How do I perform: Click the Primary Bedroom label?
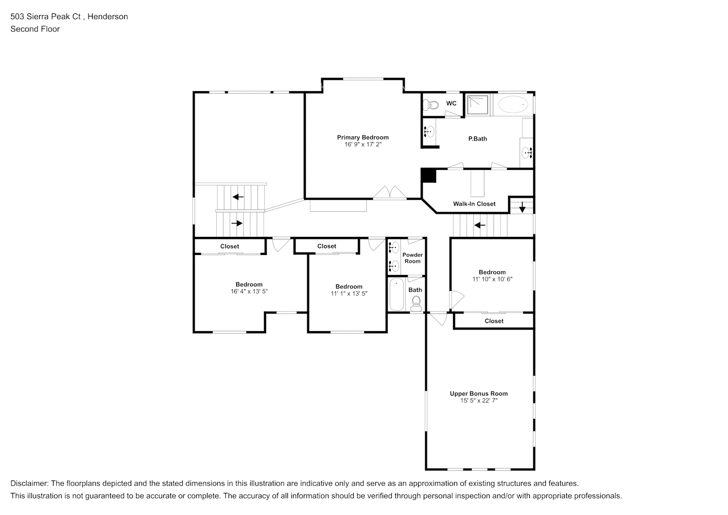[362, 137]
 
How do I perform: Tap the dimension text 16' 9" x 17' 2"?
[362, 145]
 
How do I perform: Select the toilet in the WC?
[430, 106]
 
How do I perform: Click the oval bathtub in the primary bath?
[513, 105]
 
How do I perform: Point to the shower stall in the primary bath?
[478, 105]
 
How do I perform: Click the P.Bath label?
[477, 139]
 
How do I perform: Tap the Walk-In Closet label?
[474, 204]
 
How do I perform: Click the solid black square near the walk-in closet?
[428, 176]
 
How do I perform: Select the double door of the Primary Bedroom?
[390, 193]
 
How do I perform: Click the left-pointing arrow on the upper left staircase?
[238, 197]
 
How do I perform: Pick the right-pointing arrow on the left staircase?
[237, 224]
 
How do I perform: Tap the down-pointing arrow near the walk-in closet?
[522, 208]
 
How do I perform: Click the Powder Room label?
[412, 258]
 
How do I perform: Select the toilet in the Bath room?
[416, 303]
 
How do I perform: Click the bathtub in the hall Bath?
[396, 295]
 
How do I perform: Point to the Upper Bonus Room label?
[479, 393]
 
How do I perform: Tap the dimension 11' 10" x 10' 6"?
[492, 279]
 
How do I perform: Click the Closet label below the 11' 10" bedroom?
[494, 321]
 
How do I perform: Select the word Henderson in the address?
[108, 16]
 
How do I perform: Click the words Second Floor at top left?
[35, 29]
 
